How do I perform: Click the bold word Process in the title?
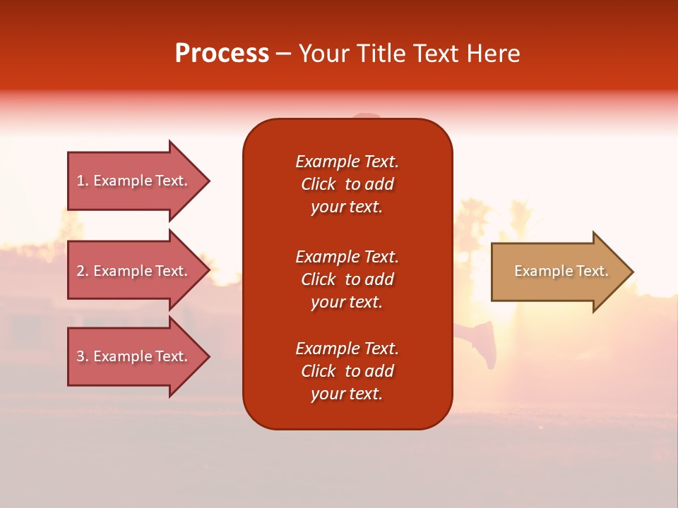tap(222, 54)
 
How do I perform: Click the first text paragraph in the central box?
tap(347, 184)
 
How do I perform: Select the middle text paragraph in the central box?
tap(347, 279)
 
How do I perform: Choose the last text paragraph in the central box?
tap(347, 371)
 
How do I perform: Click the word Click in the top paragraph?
tap(319, 184)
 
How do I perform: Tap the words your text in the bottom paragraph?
tap(347, 394)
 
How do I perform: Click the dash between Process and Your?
tap(283, 54)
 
